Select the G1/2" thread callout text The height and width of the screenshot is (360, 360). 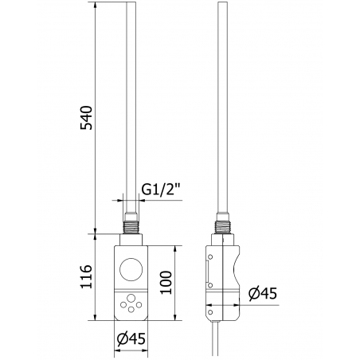(x=159, y=190)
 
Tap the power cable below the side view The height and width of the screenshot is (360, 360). (x=217, y=338)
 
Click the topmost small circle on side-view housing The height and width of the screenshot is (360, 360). (x=209, y=256)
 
